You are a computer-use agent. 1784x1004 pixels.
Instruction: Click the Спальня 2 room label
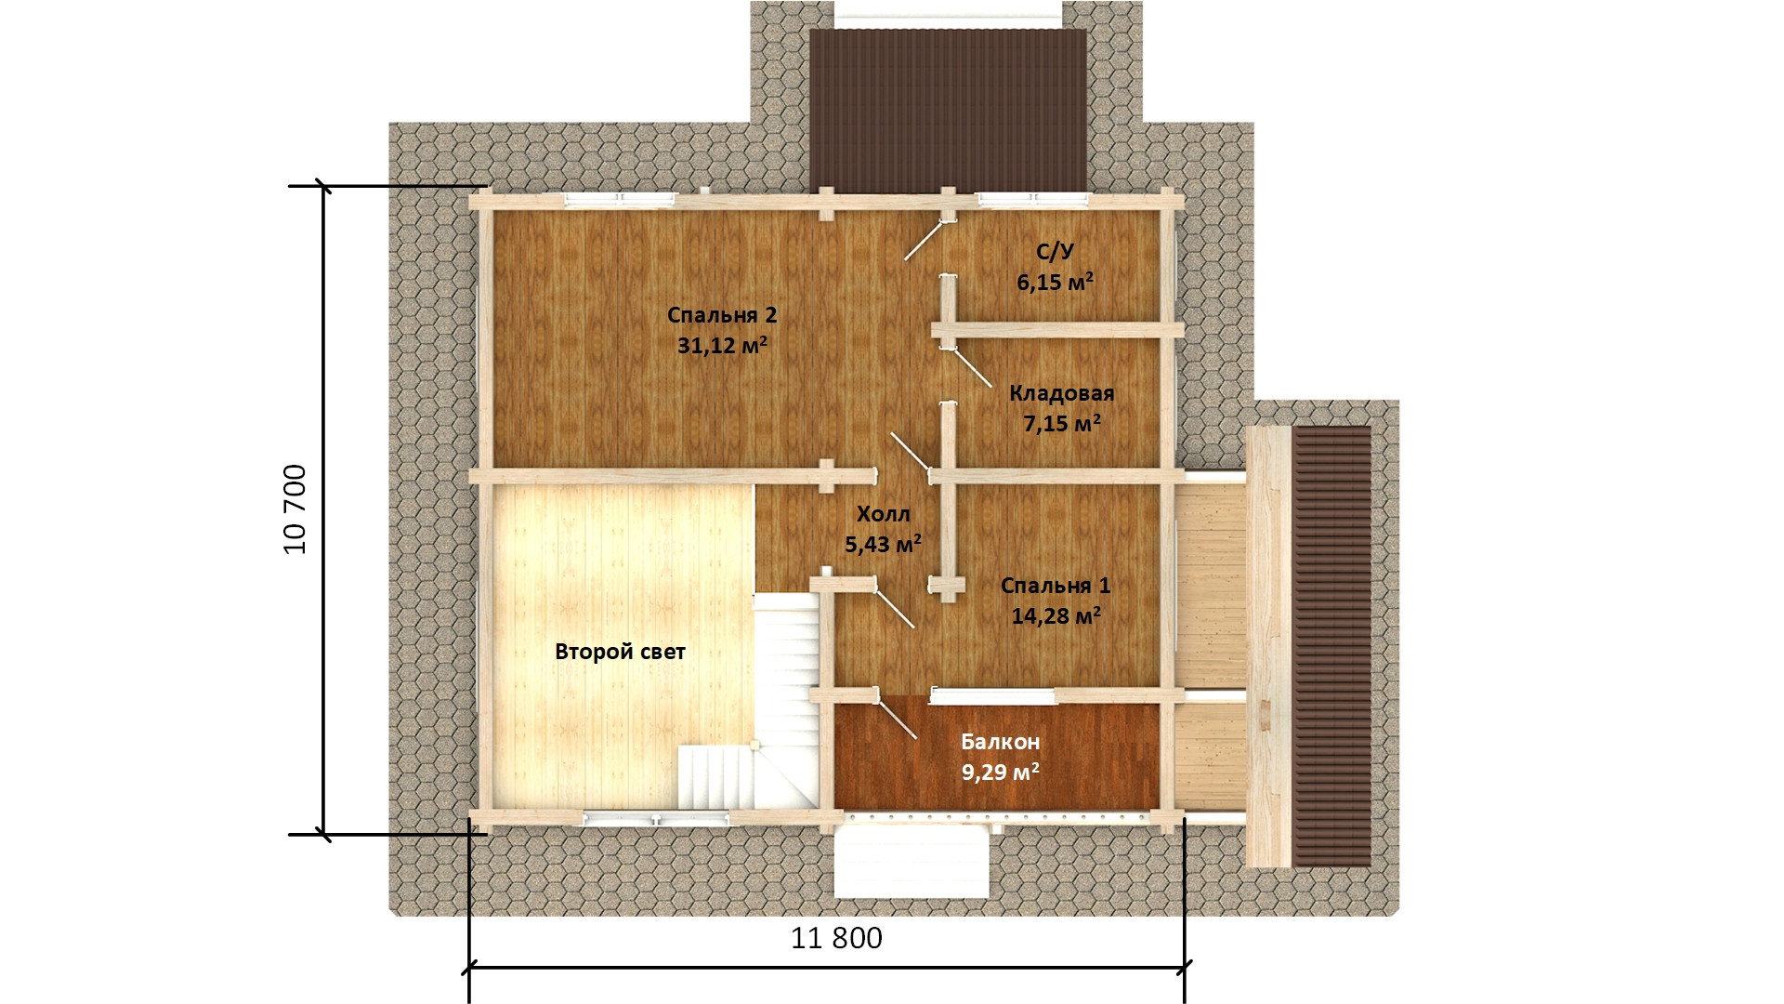(x=722, y=315)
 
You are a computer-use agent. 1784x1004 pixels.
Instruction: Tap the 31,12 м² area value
(x=722, y=345)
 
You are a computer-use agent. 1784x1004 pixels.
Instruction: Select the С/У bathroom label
(x=1055, y=251)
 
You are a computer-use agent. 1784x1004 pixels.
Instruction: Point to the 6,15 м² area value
(x=1055, y=282)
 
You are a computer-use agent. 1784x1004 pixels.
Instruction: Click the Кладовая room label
(x=1061, y=393)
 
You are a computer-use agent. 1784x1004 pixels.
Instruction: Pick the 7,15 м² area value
(x=1061, y=424)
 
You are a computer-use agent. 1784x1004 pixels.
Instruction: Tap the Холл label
(x=883, y=514)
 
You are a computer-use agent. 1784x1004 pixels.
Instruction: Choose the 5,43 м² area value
(x=883, y=544)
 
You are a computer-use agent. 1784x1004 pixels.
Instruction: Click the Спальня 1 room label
(x=1056, y=586)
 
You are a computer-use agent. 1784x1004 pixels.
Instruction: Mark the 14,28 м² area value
(x=1056, y=615)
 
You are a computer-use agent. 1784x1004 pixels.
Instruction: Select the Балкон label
(x=1000, y=742)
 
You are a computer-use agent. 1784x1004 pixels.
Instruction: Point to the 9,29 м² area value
(x=1000, y=772)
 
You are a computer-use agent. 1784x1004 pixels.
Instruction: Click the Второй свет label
(x=620, y=652)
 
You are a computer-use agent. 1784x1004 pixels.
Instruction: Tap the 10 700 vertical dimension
(x=295, y=509)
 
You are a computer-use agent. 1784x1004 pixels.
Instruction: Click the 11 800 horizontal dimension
(x=836, y=938)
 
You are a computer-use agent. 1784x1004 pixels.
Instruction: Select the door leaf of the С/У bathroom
(x=926, y=239)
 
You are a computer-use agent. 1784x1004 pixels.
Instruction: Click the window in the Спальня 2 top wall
(x=620, y=198)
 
